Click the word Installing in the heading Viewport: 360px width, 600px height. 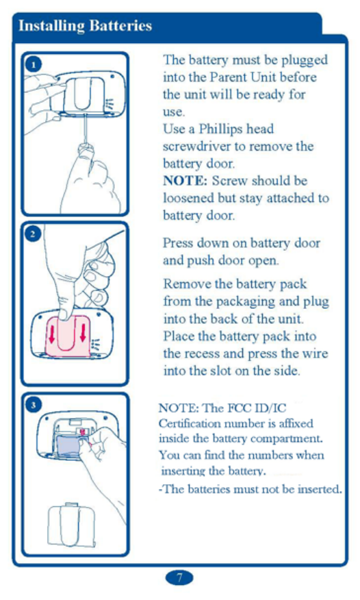click(x=51, y=27)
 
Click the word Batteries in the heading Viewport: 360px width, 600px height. click(x=120, y=25)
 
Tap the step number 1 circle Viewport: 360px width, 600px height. click(x=34, y=64)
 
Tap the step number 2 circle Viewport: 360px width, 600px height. click(x=33, y=234)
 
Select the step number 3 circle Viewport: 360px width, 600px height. click(x=34, y=405)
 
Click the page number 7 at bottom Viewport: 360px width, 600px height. click(x=179, y=577)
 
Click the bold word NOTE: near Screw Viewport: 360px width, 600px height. click(x=185, y=180)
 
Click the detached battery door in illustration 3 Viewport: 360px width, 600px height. click(x=71, y=524)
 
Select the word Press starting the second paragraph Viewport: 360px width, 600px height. click(x=179, y=243)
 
